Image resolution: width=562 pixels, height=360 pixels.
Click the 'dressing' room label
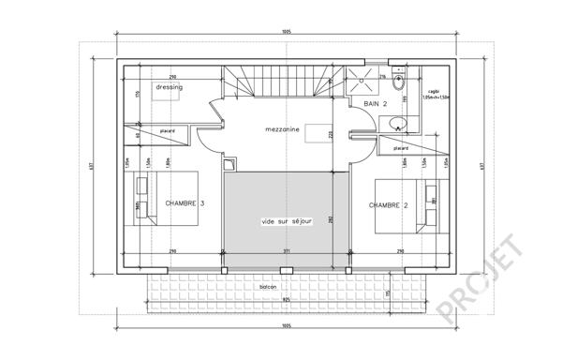170,86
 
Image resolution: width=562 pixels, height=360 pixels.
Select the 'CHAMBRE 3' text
185,202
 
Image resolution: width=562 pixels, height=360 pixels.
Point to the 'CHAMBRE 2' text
388,204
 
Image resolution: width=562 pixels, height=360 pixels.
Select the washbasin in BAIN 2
396,120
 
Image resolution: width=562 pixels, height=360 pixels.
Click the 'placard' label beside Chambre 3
169,131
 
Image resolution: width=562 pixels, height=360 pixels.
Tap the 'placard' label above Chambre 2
401,147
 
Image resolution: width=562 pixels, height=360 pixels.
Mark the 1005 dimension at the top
285,33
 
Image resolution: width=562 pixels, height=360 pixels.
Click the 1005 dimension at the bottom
284,326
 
